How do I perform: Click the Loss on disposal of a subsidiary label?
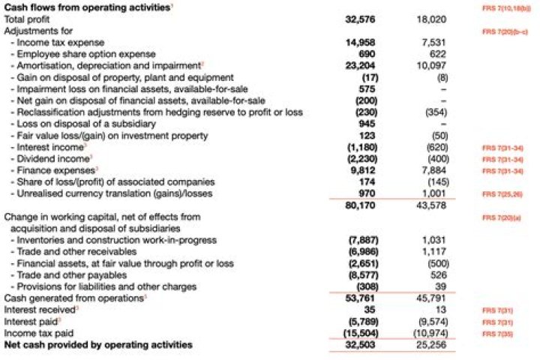click(x=75, y=123)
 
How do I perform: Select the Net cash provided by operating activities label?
click(x=98, y=344)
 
